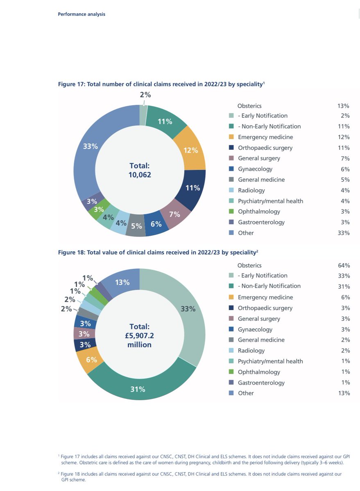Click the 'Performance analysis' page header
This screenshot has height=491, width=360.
pyautogui.click(x=82, y=14)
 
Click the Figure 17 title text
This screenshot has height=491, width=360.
pyautogui.click(x=161, y=84)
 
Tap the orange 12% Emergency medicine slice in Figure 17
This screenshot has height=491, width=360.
pyautogui.click(x=190, y=150)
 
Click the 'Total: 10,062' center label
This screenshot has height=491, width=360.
pyautogui.click(x=140, y=170)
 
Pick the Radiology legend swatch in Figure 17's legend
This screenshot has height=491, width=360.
pyautogui.click(x=231, y=190)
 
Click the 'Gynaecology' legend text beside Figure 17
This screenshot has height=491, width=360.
pyautogui.click(x=255, y=169)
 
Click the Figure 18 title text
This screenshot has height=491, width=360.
pyautogui.click(x=157, y=252)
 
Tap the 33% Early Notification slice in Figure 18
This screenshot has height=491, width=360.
pyautogui.click(x=188, y=309)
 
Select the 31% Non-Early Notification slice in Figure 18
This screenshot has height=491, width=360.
pyautogui.click(x=138, y=389)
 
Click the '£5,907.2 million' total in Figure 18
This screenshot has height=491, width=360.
pyautogui.click(x=140, y=340)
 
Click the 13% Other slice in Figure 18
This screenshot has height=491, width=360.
pyautogui.click(x=122, y=282)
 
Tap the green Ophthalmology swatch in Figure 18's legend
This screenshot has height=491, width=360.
pyautogui.click(x=231, y=372)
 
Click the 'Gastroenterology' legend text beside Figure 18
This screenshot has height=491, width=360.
pyautogui.click(x=261, y=383)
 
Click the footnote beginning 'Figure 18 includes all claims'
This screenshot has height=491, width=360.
pyautogui.click(x=201, y=477)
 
